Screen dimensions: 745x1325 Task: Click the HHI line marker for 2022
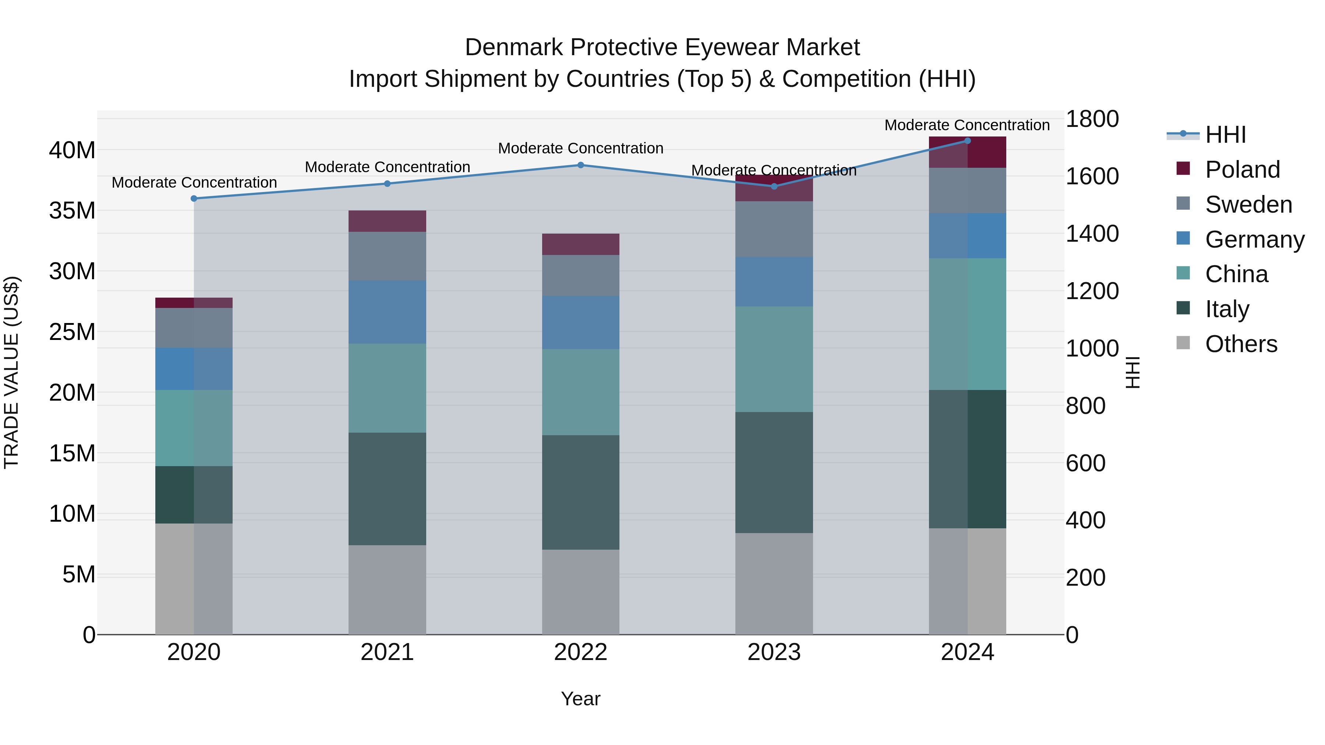click(581, 165)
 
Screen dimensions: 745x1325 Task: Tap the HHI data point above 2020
click(194, 198)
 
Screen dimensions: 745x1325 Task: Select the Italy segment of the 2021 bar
click(387, 489)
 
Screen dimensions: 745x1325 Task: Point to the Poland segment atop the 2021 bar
click(387, 221)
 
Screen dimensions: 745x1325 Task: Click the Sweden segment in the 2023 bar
click(774, 229)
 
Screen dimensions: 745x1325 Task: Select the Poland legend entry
click(1242, 170)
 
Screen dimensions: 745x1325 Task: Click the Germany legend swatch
click(1183, 238)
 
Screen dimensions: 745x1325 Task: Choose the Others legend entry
click(1241, 344)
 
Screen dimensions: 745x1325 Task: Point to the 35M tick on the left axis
click(72, 211)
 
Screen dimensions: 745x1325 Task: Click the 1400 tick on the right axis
click(1092, 234)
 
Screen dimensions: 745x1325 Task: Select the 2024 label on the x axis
click(967, 652)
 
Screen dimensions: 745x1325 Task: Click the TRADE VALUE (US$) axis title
click(11, 372)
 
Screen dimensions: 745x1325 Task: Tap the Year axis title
click(581, 699)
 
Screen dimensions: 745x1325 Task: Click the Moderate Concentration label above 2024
click(967, 125)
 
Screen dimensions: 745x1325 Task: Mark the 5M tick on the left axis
click(79, 574)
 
